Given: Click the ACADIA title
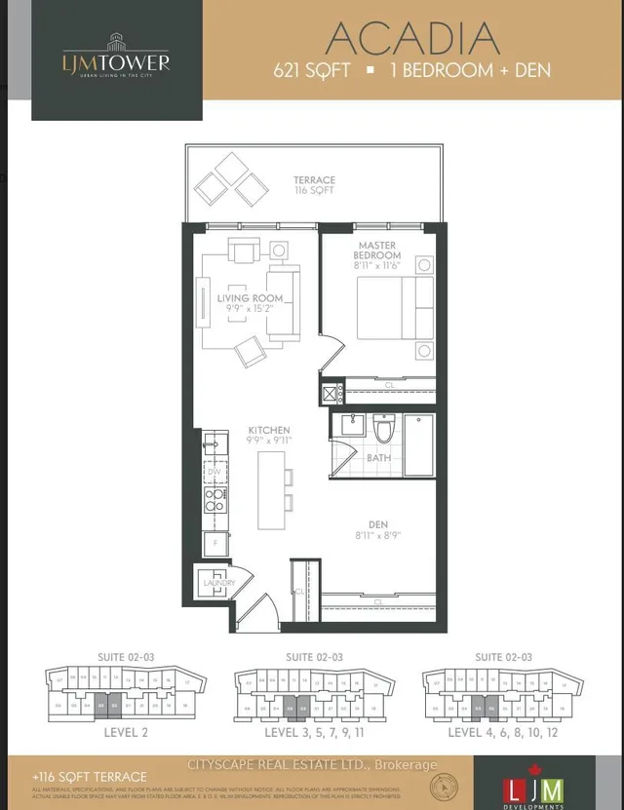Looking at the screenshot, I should (x=412, y=38).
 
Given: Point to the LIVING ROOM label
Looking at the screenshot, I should (x=251, y=298).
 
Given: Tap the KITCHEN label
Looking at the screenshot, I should (x=268, y=430).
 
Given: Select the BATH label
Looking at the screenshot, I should (x=379, y=456).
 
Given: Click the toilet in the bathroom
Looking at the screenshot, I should (x=382, y=429).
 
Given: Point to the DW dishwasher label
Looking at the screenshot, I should (x=213, y=472).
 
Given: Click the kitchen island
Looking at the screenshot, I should (x=270, y=490).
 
